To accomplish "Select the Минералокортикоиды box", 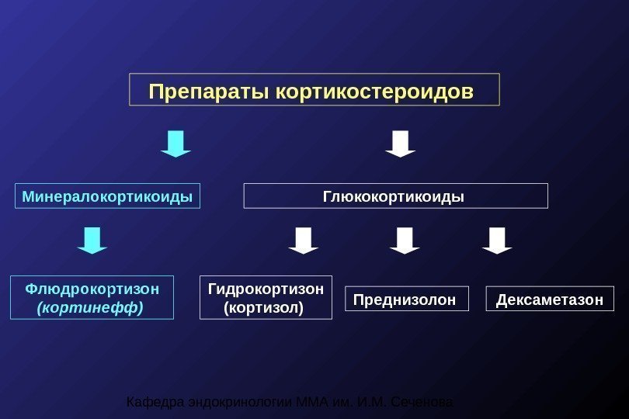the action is [x=107, y=196].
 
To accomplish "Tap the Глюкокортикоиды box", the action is [x=395, y=196].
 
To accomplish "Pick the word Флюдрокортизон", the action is [x=92, y=289].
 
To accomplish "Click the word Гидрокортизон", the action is [x=266, y=289].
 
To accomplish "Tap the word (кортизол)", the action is [x=263, y=308].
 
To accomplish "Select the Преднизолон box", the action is [x=406, y=299].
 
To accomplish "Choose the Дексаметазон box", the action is [x=549, y=299].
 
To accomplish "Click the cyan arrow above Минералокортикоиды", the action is [x=176, y=144].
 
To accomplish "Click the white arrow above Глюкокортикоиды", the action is [x=401, y=144].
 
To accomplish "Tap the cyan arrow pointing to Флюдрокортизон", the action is [x=92, y=241].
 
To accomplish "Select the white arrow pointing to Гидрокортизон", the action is [x=303, y=241].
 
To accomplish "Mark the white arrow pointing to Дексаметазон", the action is [x=497, y=241].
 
